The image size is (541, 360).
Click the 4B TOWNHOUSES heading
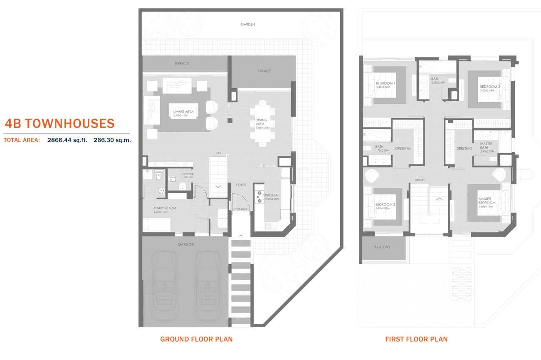[x=59, y=124]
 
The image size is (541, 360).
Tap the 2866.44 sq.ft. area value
[x=67, y=140]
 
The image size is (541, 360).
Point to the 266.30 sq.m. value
[x=112, y=140]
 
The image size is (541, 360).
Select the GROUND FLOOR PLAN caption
[x=196, y=339]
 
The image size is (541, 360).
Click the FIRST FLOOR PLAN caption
[x=416, y=339]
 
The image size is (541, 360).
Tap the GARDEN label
[x=248, y=25]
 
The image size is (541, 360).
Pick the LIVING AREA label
[x=183, y=112]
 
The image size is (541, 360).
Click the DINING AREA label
[x=261, y=122]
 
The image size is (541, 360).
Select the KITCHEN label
[x=272, y=195]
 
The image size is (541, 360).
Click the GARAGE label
[x=185, y=245]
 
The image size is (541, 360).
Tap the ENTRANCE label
[x=241, y=209]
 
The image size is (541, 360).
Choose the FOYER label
[x=241, y=185]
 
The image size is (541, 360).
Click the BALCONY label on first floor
[x=382, y=247]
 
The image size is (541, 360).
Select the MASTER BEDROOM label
[x=487, y=201]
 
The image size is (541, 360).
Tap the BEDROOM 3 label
[x=385, y=205]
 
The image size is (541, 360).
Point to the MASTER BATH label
[x=486, y=146]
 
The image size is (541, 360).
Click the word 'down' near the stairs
[x=419, y=180]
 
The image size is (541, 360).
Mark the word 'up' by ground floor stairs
[x=218, y=153]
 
